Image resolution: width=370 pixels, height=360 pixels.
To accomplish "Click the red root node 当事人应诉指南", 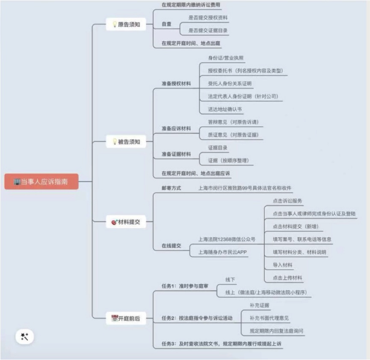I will pos(41,182).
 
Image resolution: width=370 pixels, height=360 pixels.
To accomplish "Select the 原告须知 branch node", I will pos(126,24).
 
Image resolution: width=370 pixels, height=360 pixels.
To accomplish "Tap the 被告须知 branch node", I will pos(126,142).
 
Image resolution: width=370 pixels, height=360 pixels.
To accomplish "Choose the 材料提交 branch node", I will pos(126,222).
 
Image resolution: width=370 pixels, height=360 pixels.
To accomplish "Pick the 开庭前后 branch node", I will pos(126,318).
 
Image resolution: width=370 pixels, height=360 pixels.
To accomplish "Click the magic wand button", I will pos(25,337).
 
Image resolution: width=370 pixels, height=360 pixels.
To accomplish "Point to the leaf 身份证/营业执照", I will pos(225,58).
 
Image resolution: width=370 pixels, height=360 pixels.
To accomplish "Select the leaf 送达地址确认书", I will pos(225,109).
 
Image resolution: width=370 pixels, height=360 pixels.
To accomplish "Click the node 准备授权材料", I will pos(176,83).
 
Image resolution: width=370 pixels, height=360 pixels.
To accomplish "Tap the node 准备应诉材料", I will pos(176,128).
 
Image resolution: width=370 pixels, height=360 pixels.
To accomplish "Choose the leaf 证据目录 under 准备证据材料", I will pos(217,148).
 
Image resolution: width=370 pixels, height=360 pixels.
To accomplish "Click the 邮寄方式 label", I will pos(171,188).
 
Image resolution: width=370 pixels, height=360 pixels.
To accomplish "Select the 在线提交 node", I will pos(171,246).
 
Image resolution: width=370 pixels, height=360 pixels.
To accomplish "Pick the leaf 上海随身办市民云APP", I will pos(223,252).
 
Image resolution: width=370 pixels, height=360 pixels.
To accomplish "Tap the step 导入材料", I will pos(282,265).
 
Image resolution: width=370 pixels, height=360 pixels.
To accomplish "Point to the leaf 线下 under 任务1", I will pos(230,280).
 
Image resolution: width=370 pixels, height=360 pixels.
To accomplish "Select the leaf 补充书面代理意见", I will pos(269,318).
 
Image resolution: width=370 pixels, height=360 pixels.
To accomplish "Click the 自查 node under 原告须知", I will pos(166,24).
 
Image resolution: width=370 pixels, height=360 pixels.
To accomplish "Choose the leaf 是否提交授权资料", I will pos(208,18).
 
